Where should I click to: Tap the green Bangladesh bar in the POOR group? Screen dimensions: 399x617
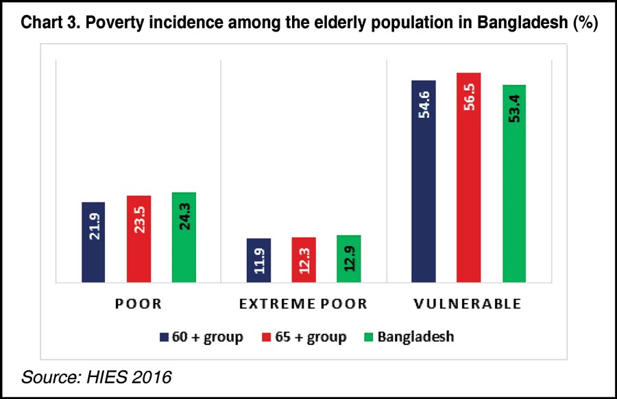coord(184,237)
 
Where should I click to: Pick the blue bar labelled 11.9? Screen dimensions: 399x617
coord(258,261)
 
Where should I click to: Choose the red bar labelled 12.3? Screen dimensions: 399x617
coord(304,260)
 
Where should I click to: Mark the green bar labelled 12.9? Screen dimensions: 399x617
coord(349,258)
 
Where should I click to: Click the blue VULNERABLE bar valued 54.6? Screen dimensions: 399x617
coord(424,181)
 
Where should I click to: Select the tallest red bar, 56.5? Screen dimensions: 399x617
coord(469,178)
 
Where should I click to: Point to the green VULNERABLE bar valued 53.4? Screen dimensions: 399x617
coord(514,184)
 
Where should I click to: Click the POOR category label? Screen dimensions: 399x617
coord(138,304)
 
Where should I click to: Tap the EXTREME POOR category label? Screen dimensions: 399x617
coord(304,304)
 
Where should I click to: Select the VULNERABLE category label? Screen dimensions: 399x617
coord(469,304)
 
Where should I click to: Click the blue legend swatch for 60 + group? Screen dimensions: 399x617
coord(164,337)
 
